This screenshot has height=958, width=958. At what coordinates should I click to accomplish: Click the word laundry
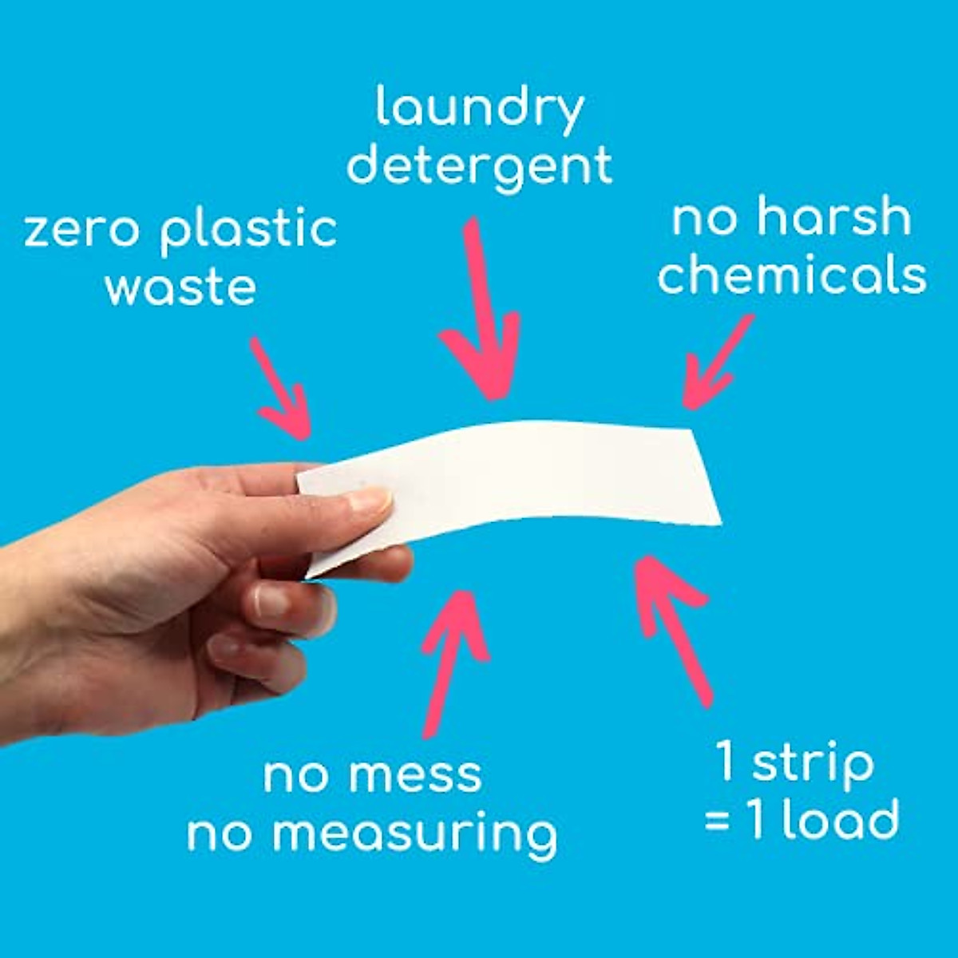coord(480,109)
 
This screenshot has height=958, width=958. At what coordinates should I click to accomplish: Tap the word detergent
coord(480,165)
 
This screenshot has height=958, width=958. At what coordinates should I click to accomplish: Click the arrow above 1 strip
coord(671,623)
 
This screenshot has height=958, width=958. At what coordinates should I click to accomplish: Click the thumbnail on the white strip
coord(369,501)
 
